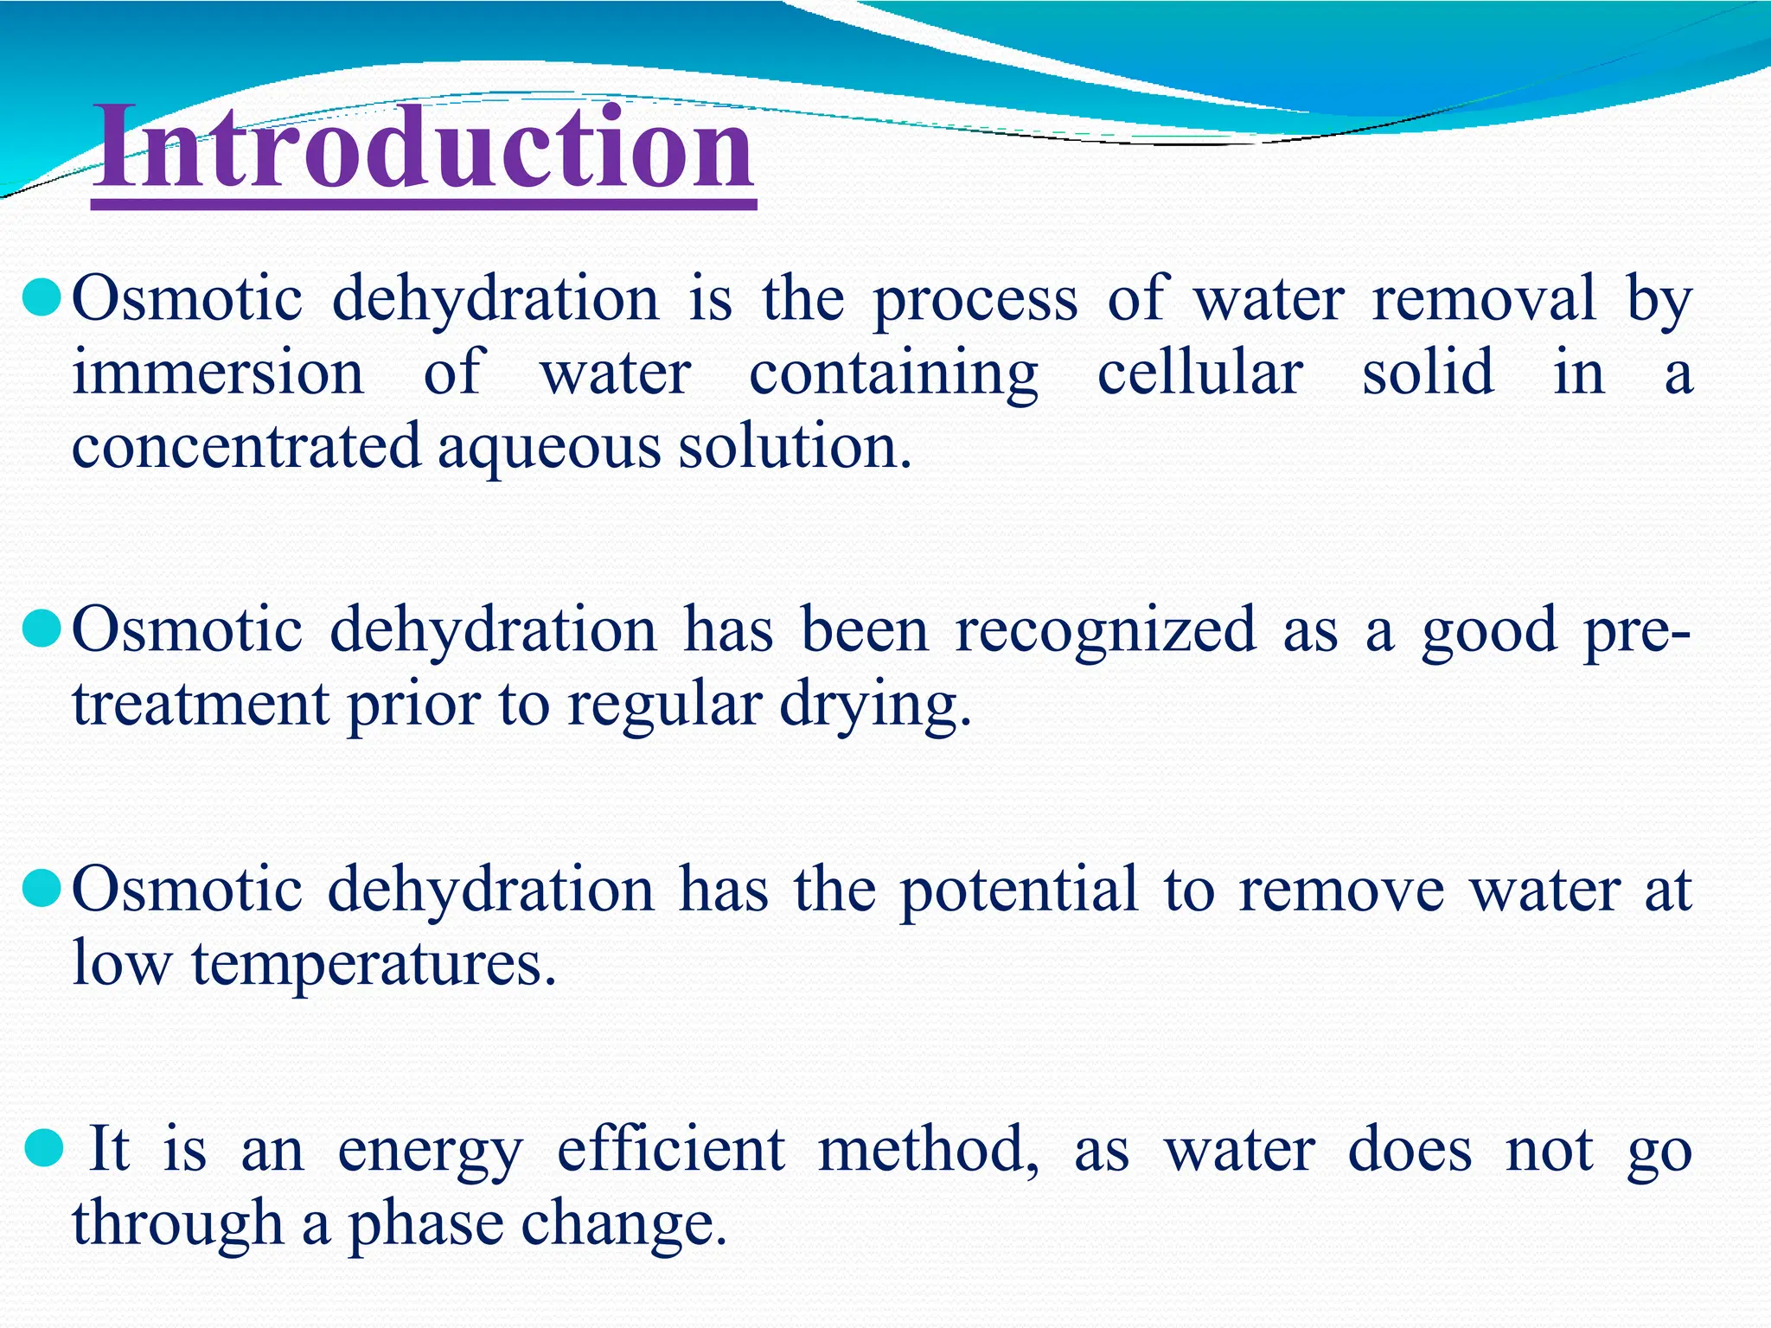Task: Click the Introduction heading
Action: pos(424,147)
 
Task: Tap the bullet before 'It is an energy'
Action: pos(43,1149)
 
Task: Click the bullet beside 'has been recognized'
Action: pos(41,629)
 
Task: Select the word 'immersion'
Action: pos(218,373)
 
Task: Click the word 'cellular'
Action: pos(1200,373)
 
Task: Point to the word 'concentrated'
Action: pos(246,448)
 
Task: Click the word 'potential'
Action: pos(1018,891)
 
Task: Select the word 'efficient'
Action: pos(670,1150)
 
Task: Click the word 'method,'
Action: pos(929,1150)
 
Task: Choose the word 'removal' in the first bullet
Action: pos(1484,298)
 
